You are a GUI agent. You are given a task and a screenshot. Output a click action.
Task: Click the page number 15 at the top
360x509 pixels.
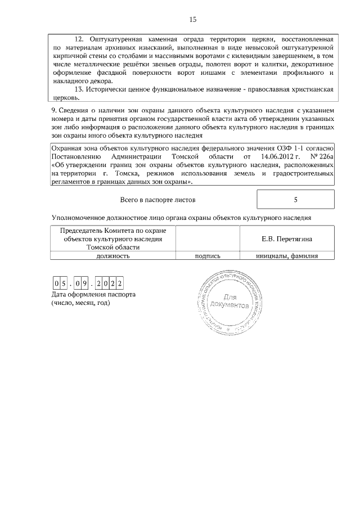pos(192,20)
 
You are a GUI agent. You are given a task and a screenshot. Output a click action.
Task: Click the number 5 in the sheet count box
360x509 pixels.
pos(295,200)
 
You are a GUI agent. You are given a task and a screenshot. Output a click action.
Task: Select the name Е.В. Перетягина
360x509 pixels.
pos(287,239)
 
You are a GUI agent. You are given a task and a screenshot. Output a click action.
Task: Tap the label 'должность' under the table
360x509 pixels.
pos(113,255)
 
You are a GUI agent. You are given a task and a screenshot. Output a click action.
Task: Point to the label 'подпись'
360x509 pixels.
pos(208,255)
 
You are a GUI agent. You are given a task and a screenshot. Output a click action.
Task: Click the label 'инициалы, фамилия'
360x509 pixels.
pos(287,255)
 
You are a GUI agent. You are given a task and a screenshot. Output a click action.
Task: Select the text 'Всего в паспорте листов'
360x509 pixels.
pos(159,200)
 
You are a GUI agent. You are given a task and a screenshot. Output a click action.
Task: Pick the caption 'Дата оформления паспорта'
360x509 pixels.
pos(93,294)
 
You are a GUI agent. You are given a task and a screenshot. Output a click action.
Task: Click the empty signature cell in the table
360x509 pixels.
pos(208,238)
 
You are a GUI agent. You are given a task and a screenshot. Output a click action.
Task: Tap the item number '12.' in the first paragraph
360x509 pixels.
pos(79,39)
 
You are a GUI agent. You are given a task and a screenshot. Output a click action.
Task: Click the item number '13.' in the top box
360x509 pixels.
pos(79,89)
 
